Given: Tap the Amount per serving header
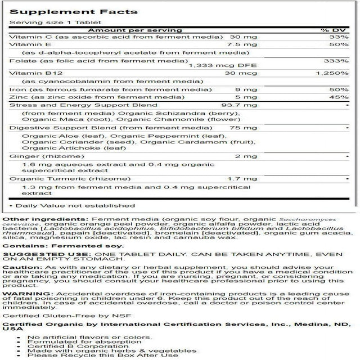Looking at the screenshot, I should click(134, 30).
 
